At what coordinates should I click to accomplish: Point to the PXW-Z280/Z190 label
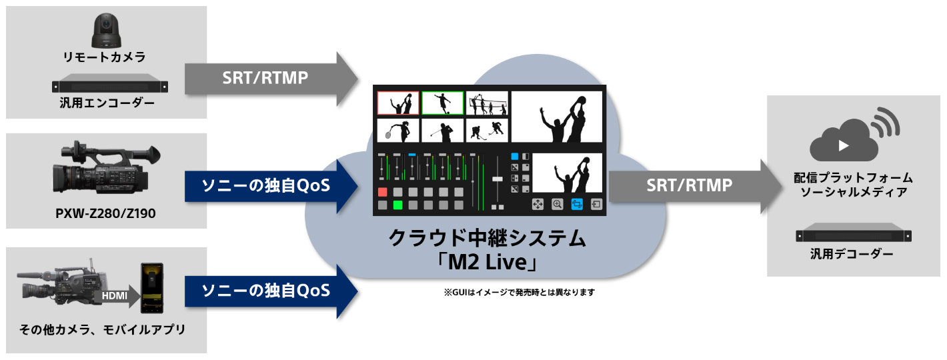[x=106, y=215]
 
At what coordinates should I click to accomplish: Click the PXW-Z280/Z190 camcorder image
[x=106, y=173]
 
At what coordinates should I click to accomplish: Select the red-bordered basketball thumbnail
[x=398, y=103]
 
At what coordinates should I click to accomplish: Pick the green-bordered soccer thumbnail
[x=443, y=103]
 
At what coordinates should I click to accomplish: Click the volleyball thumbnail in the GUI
[x=488, y=103]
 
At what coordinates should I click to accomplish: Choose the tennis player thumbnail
[x=398, y=130]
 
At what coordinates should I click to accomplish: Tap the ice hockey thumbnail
[x=488, y=130]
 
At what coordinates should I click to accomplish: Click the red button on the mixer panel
[x=383, y=192]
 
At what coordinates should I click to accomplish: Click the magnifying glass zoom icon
[x=557, y=205]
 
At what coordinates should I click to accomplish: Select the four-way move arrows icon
[x=538, y=205]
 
